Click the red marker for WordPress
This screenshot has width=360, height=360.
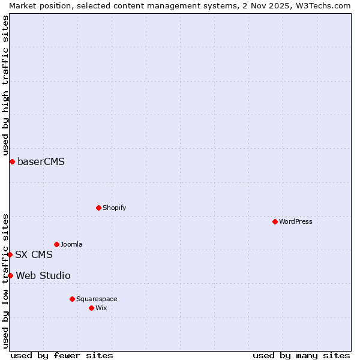[x=275, y=221]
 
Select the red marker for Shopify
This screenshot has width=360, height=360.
[x=98, y=208]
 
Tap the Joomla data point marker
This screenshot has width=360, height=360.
[x=56, y=244]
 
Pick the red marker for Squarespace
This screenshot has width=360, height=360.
[x=72, y=299]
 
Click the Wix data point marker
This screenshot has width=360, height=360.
[x=91, y=308]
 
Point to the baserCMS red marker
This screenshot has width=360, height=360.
[x=12, y=161]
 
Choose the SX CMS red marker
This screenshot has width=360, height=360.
[x=10, y=254]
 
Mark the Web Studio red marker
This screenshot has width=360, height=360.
[x=10, y=275]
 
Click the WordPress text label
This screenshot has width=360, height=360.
[x=295, y=221]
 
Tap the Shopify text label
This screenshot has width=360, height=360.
[x=114, y=208]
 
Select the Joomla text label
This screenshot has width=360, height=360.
[x=71, y=244]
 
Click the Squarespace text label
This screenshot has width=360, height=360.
[x=97, y=299]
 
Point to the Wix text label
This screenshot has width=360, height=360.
[x=101, y=308]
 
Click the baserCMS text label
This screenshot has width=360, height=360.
[x=41, y=161]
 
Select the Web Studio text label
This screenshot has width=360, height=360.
[x=43, y=275]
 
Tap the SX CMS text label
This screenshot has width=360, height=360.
[x=34, y=254]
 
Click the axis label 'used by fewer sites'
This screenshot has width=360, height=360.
[x=62, y=355]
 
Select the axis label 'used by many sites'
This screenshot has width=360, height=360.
[x=301, y=355]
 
